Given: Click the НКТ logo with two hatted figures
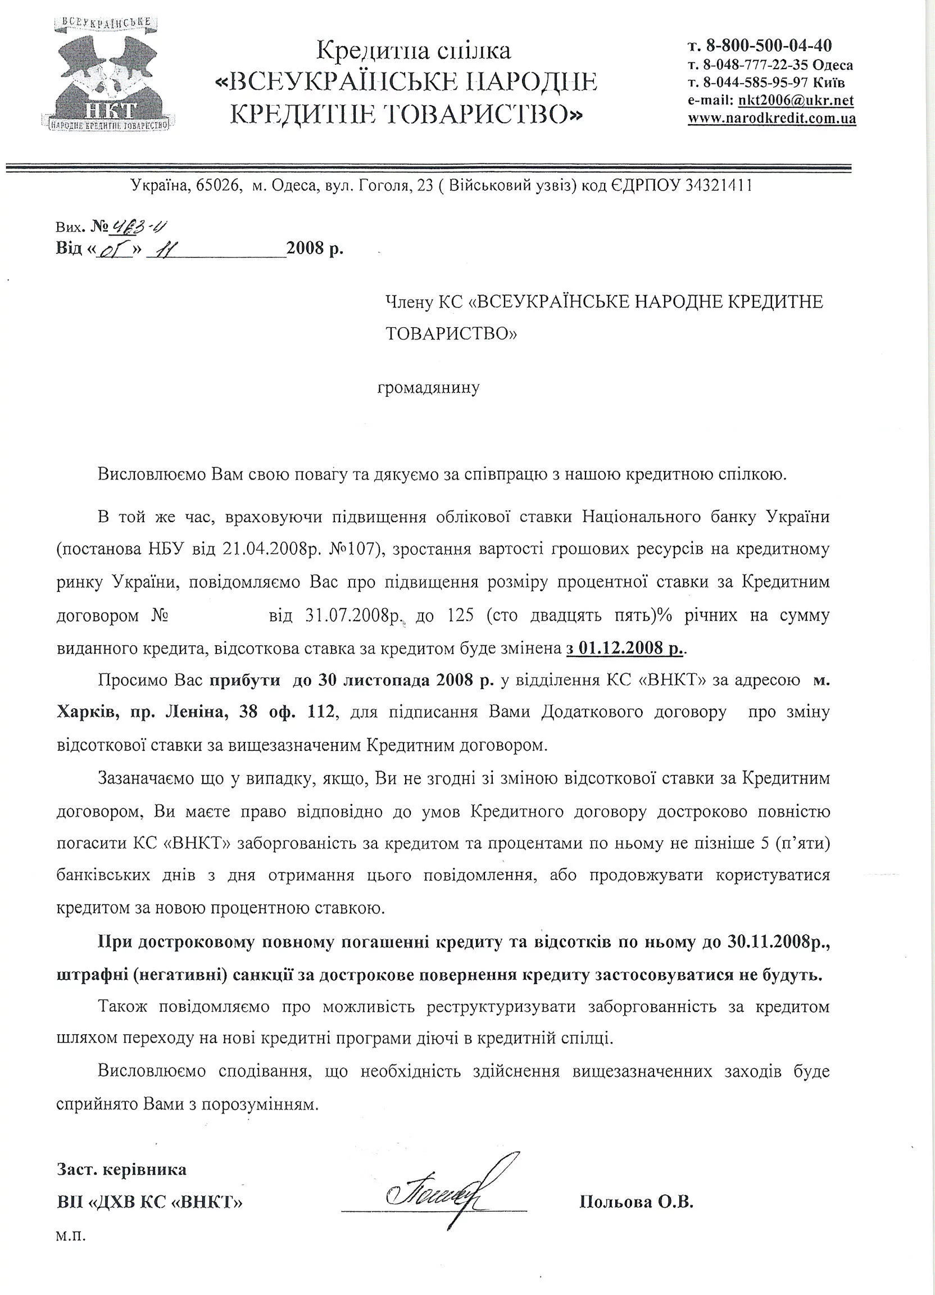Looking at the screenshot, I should point(107,71).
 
